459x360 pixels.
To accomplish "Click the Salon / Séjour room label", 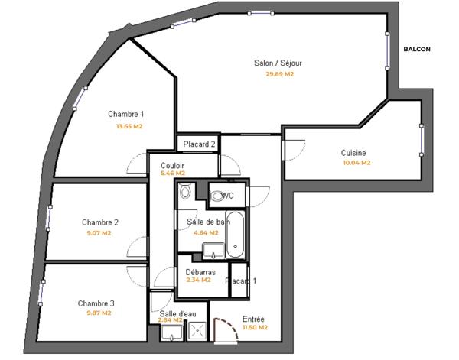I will [x=279, y=63].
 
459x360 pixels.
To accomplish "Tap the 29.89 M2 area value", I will [x=279, y=74].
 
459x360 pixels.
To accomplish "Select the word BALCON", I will [x=417, y=50].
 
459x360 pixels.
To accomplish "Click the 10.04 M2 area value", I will [x=356, y=163].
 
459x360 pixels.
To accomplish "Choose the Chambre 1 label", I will [x=126, y=114].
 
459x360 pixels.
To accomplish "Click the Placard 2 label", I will [x=199, y=144].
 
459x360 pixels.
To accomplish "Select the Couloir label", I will [x=172, y=165].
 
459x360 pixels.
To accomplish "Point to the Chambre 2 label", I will [x=100, y=222].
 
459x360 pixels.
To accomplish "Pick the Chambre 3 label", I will [x=96, y=303].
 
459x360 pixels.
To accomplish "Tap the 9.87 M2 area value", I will [x=98, y=313].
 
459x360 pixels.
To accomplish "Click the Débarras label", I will [x=200, y=271].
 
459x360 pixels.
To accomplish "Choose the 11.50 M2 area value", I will [x=254, y=328].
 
